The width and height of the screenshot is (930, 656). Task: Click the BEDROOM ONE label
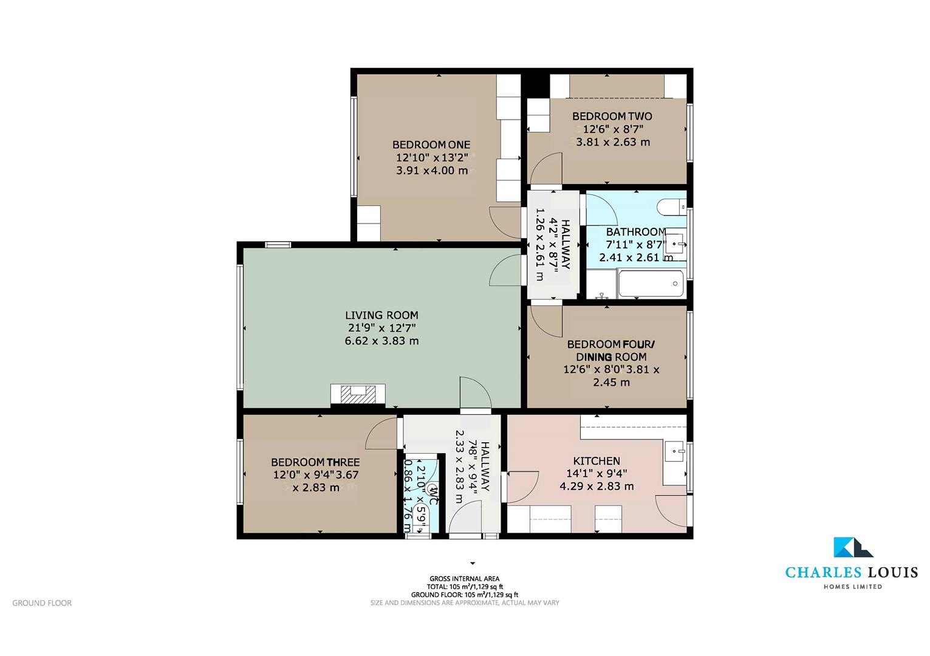point(431,145)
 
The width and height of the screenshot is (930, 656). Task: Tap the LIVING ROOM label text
point(381,315)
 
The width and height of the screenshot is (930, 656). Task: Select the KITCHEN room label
point(597,461)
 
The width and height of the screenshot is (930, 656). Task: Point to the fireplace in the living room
point(358,395)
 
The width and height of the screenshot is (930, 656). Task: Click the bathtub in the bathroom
point(650,284)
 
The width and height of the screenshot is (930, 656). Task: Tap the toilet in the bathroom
point(670,207)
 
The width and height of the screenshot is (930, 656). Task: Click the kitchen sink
point(675,451)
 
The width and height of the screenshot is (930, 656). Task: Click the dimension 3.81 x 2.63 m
point(612,142)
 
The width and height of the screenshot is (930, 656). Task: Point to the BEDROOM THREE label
point(315,462)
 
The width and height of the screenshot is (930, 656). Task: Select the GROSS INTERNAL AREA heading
point(465,579)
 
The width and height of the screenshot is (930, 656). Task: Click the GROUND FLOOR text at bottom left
point(42,603)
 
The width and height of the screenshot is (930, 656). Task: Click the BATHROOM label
point(636,232)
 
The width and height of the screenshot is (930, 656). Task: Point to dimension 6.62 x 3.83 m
point(381,341)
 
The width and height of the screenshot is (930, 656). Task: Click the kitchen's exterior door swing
point(673,511)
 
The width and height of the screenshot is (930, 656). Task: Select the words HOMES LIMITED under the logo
point(852,587)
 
